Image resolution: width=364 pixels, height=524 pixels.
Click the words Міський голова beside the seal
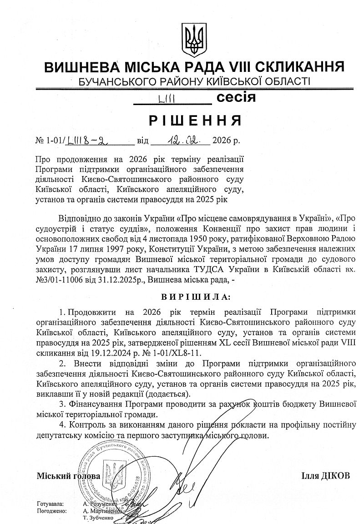[x=68, y=476]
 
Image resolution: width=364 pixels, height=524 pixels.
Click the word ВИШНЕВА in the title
[x=81, y=67]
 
